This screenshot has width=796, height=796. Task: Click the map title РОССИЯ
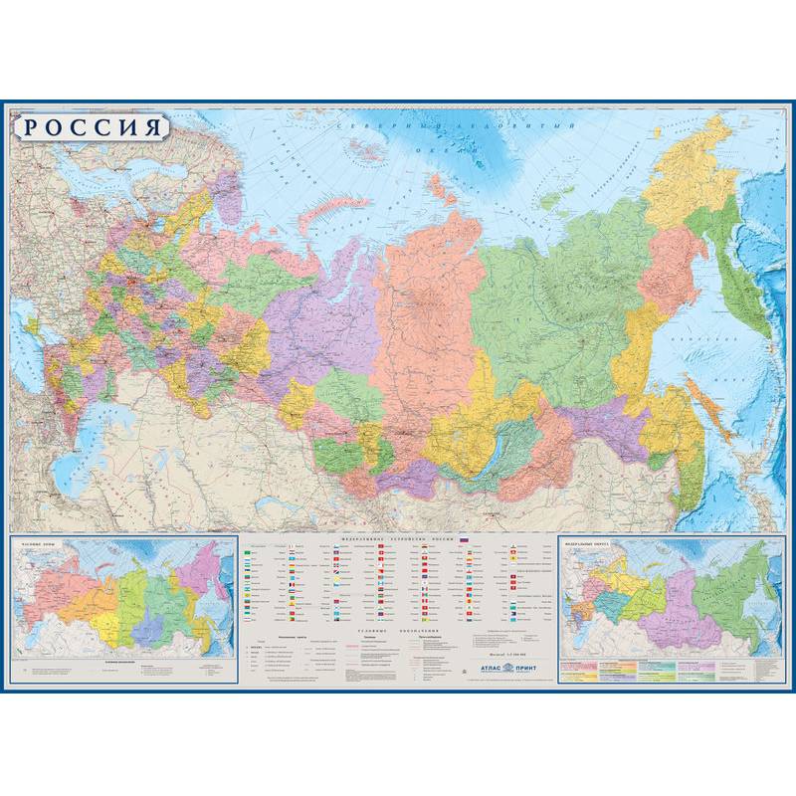click(92, 128)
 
